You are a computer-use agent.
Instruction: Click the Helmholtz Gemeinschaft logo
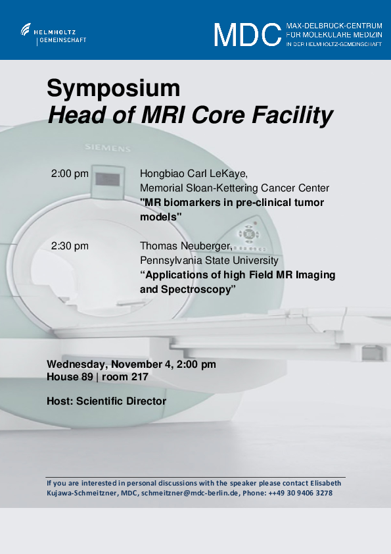(53, 34)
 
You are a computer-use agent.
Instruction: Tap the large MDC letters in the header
(247, 35)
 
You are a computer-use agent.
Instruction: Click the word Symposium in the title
(114, 89)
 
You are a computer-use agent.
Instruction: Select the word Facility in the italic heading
(292, 116)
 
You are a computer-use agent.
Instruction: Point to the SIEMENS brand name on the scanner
(108, 147)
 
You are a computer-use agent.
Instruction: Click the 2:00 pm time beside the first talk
(70, 174)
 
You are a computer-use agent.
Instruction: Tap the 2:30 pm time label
(70, 246)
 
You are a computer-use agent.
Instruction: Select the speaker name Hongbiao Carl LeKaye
(194, 174)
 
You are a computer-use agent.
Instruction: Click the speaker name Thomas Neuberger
(186, 246)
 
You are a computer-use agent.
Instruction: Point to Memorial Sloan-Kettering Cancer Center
(235, 188)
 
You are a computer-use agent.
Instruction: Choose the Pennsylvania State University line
(209, 261)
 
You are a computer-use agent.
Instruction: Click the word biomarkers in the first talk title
(198, 203)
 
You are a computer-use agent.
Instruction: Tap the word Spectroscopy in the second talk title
(196, 290)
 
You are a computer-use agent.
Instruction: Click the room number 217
(139, 377)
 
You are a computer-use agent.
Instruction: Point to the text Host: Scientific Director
(106, 401)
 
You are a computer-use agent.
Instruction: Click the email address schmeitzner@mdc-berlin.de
(190, 493)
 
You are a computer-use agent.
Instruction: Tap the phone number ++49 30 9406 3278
(300, 493)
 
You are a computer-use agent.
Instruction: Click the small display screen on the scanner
(108, 180)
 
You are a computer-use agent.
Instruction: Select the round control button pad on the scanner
(249, 234)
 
